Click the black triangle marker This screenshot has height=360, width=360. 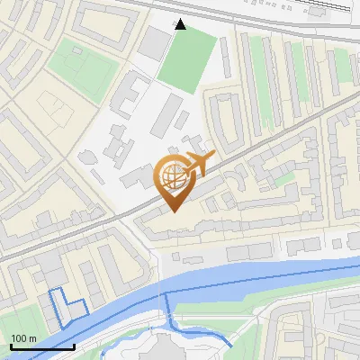pyautogui.click(x=181, y=24)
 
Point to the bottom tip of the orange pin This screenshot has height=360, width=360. pyautogui.click(x=173, y=211)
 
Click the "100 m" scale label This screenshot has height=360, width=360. pyautogui.click(x=23, y=338)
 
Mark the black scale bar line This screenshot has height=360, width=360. pyautogui.click(x=42, y=346)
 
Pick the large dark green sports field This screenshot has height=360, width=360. pyautogui.click(x=187, y=62)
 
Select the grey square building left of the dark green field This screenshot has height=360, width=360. pyautogui.click(x=156, y=40)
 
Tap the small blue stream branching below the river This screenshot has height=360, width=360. pyautogui.click(x=207, y=335)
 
